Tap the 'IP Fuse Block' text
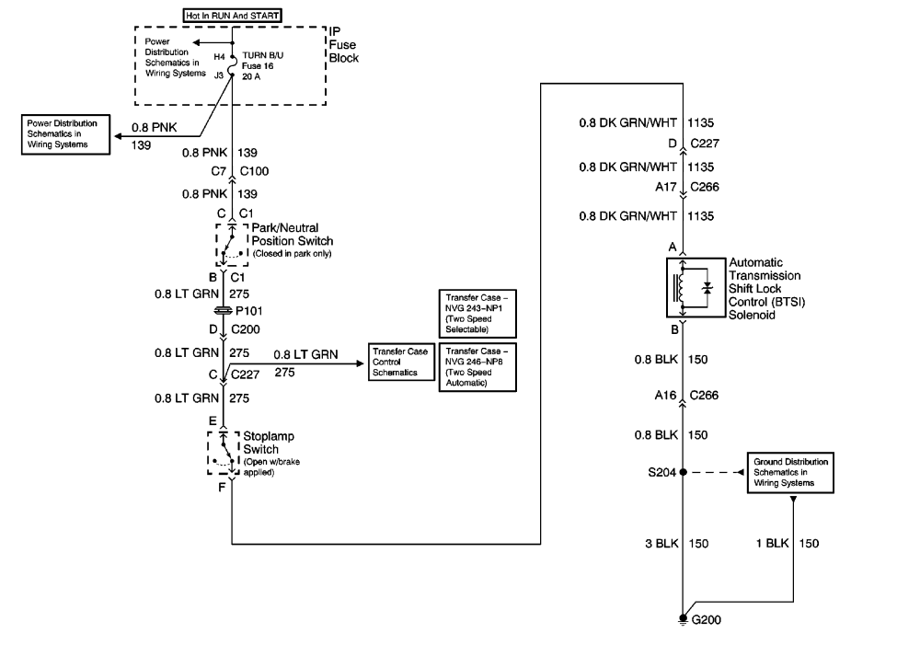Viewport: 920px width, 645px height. pyautogui.click(x=344, y=44)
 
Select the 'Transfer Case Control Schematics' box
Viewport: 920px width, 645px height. pyautogui.click(x=399, y=363)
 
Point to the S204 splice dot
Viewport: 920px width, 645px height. pyautogui.click(x=683, y=472)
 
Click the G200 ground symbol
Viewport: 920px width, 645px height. pyautogui.click(x=683, y=619)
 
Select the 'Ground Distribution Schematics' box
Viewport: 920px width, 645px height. pyautogui.click(x=791, y=470)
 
